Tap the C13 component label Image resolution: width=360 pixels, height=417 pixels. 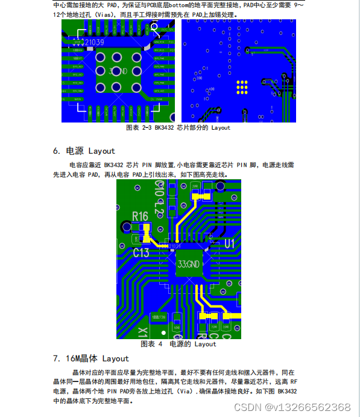point(141,252)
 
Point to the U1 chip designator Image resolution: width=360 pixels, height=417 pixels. point(229,243)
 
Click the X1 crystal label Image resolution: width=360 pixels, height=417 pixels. point(142,331)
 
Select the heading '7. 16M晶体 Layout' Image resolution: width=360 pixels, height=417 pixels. point(90,358)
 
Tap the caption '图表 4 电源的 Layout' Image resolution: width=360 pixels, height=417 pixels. point(178,344)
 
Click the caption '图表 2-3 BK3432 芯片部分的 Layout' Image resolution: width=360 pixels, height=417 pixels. point(178,128)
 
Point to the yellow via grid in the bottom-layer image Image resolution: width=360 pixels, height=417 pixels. point(243,88)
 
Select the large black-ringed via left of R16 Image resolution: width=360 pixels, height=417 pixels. point(126,226)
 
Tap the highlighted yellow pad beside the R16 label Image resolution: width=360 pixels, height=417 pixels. point(145,228)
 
